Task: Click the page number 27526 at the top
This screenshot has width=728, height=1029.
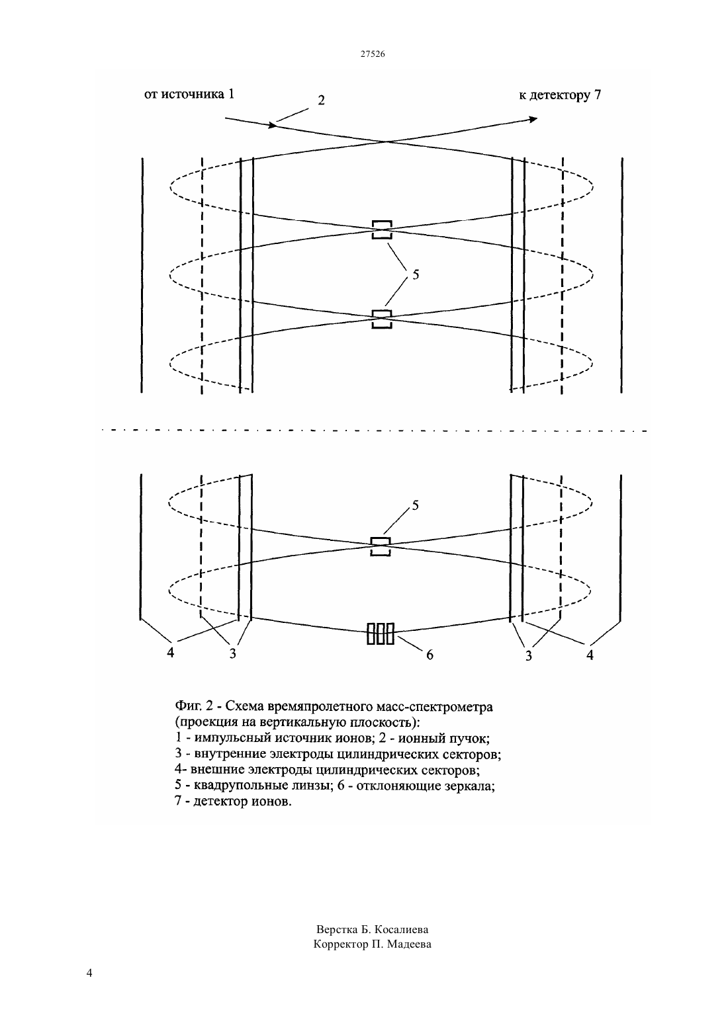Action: point(372,54)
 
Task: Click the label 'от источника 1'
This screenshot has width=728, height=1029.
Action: point(189,94)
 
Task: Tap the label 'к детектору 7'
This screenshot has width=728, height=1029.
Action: point(560,95)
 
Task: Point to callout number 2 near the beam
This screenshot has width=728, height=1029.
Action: point(321,100)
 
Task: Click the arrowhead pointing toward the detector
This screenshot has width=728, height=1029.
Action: point(533,120)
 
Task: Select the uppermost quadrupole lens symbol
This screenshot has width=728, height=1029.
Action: point(382,229)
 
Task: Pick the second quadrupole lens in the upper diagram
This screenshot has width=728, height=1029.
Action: point(382,319)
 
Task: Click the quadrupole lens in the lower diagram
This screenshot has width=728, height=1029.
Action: point(381,547)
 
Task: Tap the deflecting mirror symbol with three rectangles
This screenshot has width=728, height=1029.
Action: point(381,634)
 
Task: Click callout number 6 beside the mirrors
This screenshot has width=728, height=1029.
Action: point(430,655)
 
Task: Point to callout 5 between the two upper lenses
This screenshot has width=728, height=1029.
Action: point(416,274)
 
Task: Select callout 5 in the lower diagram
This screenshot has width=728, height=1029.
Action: point(415,505)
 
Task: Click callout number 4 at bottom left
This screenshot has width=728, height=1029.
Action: point(171,652)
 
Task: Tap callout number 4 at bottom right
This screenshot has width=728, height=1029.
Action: point(590,655)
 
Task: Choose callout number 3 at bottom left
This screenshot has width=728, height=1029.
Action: point(232,653)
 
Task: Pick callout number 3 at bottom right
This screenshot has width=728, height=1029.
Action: point(529,656)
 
